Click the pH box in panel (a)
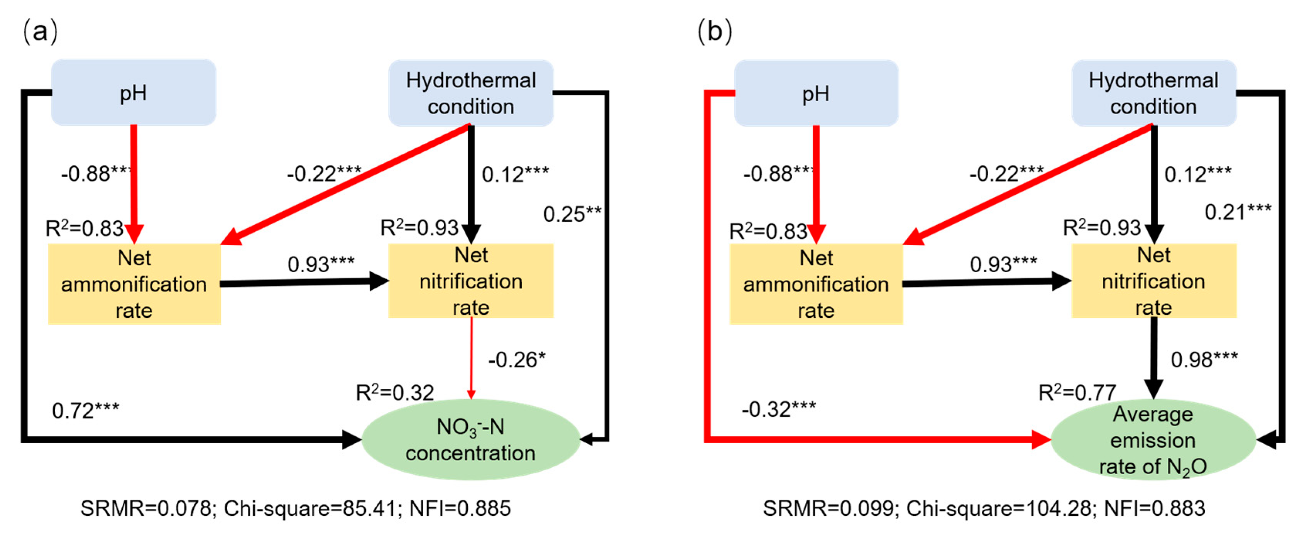[134, 93]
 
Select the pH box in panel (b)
[816, 93]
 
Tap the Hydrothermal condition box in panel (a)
[470, 93]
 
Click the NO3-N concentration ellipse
[470, 439]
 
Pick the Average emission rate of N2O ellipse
[1153, 440]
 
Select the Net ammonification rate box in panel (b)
[816, 284]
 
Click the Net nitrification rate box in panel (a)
[470, 281]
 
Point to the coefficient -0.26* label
[517, 360]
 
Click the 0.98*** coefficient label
[1204, 360]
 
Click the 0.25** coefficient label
[572, 214]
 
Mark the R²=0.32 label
[395, 392]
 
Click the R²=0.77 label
[1077, 392]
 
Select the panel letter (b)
[714, 32]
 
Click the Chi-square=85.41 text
[310, 508]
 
